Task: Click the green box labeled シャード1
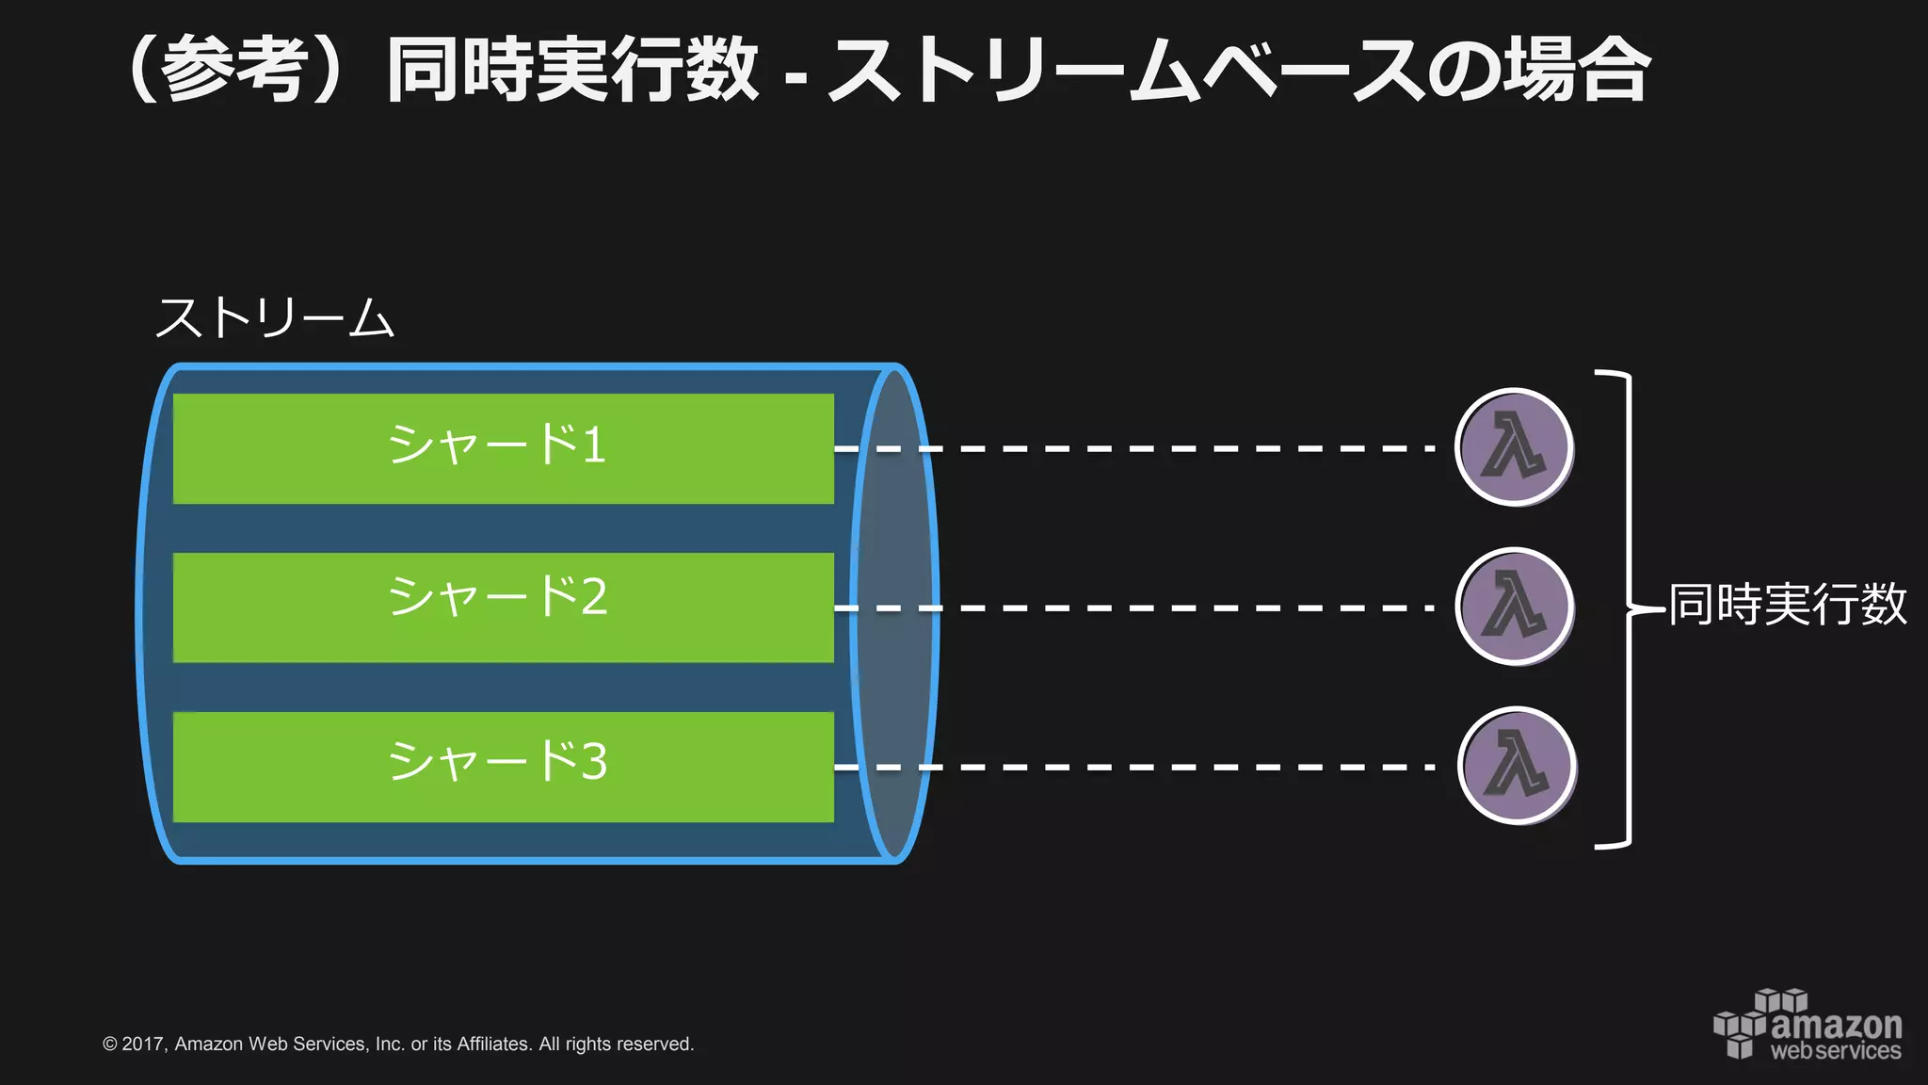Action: (503, 448)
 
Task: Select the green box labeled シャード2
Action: (503, 607)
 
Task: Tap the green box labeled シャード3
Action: (503, 767)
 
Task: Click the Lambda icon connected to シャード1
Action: (1514, 447)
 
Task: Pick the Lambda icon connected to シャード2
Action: (1515, 607)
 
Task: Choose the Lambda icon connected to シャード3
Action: (1517, 766)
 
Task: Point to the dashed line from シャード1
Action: (1177, 449)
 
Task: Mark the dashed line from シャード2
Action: (1177, 608)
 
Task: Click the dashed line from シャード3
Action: (1177, 768)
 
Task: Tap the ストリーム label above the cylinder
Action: (274, 317)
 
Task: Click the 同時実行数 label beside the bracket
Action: (1787, 604)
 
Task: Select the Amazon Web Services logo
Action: (1807, 1025)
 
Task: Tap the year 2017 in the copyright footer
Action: (143, 1044)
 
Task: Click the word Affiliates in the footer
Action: (493, 1044)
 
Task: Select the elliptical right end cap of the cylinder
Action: (895, 613)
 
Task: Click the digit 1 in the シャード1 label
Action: (593, 445)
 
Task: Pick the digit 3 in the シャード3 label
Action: (594, 761)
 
